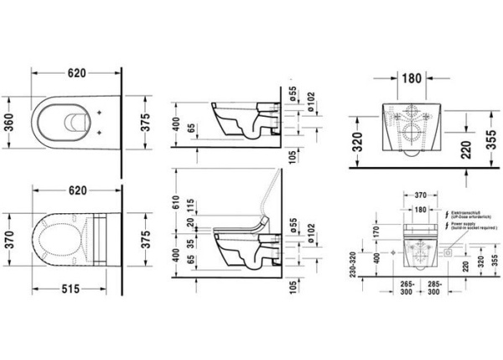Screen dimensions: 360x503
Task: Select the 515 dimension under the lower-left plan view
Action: click(x=69, y=289)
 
